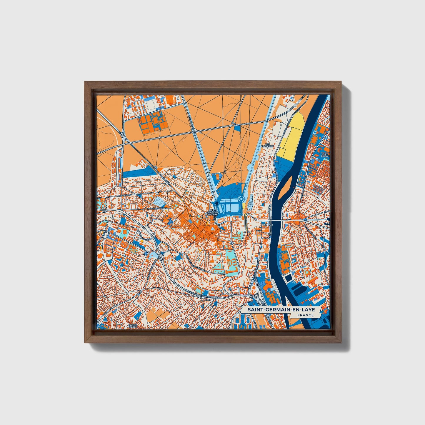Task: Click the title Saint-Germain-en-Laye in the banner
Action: pyautogui.click(x=281, y=310)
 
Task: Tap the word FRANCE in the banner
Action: pyautogui.click(x=305, y=315)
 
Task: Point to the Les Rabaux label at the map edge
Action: pyautogui.click(x=326, y=155)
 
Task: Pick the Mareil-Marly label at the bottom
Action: pyautogui.click(x=133, y=326)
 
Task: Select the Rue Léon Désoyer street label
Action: pyautogui.click(x=157, y=208)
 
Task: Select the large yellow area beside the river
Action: pyautogui.click(x=291, y=135)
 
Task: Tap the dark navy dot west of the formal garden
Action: pyautogui.click(x=216, y=203)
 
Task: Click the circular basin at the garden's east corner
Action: pyautogui.click(x=242, y=199)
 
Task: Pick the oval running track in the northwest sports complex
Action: pyautogui.click(x=155, y=120)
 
